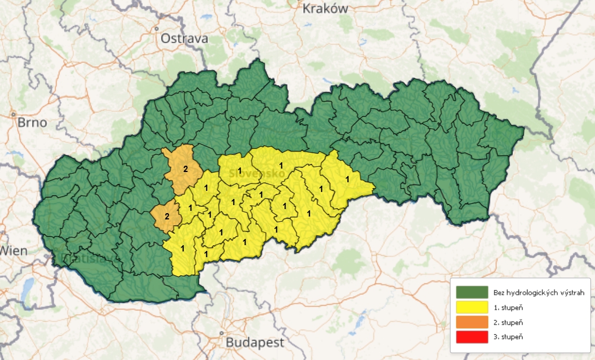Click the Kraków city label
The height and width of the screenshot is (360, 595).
pos(324,9)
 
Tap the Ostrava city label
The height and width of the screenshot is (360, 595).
pos(183,39)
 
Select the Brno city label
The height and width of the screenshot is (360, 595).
pos(32,123)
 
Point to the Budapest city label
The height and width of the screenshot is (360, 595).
pos(255,343)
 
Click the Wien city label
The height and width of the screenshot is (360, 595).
pos(13,250)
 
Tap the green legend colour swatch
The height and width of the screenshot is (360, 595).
pos(472,293)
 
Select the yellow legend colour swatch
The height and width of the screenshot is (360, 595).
pos(472,307)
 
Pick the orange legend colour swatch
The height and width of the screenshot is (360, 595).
pos(472,322)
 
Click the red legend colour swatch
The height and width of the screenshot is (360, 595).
pos(472,337)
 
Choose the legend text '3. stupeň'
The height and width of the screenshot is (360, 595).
pos(508,337)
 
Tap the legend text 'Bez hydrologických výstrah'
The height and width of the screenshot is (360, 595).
pos(539,293)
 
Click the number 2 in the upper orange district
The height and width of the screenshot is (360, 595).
pos(185,169)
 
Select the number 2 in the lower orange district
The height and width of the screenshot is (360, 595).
pos(167,216)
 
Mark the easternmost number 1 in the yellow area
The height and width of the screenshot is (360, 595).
pos(347,179)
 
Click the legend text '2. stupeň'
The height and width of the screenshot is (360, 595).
pos(508,322)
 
